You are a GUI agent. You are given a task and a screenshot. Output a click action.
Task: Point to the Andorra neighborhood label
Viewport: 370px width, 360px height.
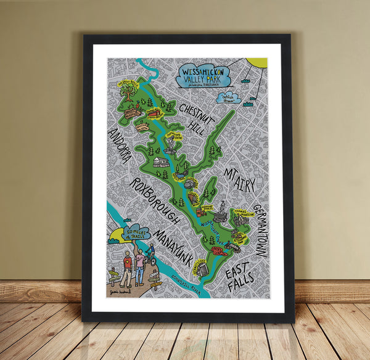click(x=119, y=145)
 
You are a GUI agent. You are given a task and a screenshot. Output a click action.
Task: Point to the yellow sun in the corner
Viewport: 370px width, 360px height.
click(x=258, y=62)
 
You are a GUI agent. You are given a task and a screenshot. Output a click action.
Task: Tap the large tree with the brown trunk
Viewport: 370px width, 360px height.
click(x=128, y=91)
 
